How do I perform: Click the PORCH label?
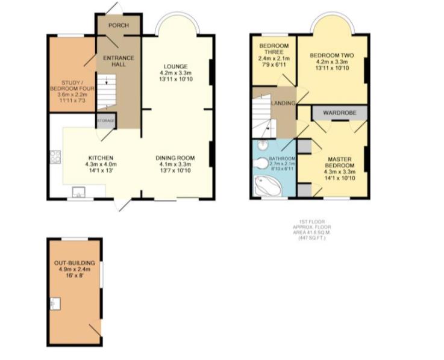(117, 26)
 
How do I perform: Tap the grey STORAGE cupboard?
(105, 120)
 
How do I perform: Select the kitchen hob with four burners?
(56, 157)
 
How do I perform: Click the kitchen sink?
(79, 193)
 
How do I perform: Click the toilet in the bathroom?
(262, 164)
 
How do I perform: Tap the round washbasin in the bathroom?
(262, 146)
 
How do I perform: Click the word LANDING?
(283, 103)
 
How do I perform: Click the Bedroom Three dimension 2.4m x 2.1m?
(274, 58)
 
